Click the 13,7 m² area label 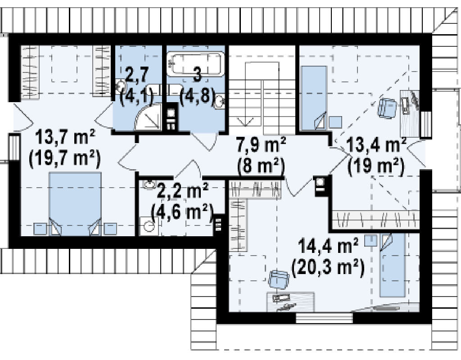tap(65, 138)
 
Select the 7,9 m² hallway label tap(262, 145)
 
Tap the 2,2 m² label tap(183, 190)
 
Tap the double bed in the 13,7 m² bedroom tap(75, 204)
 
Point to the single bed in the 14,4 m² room tap(392, 265)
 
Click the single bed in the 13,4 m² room tap(314, 98)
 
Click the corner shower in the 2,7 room tap(148, 117)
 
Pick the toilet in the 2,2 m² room tap(149, 226)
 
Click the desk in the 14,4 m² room tap(290, 302)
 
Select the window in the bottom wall tap(324, 318)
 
